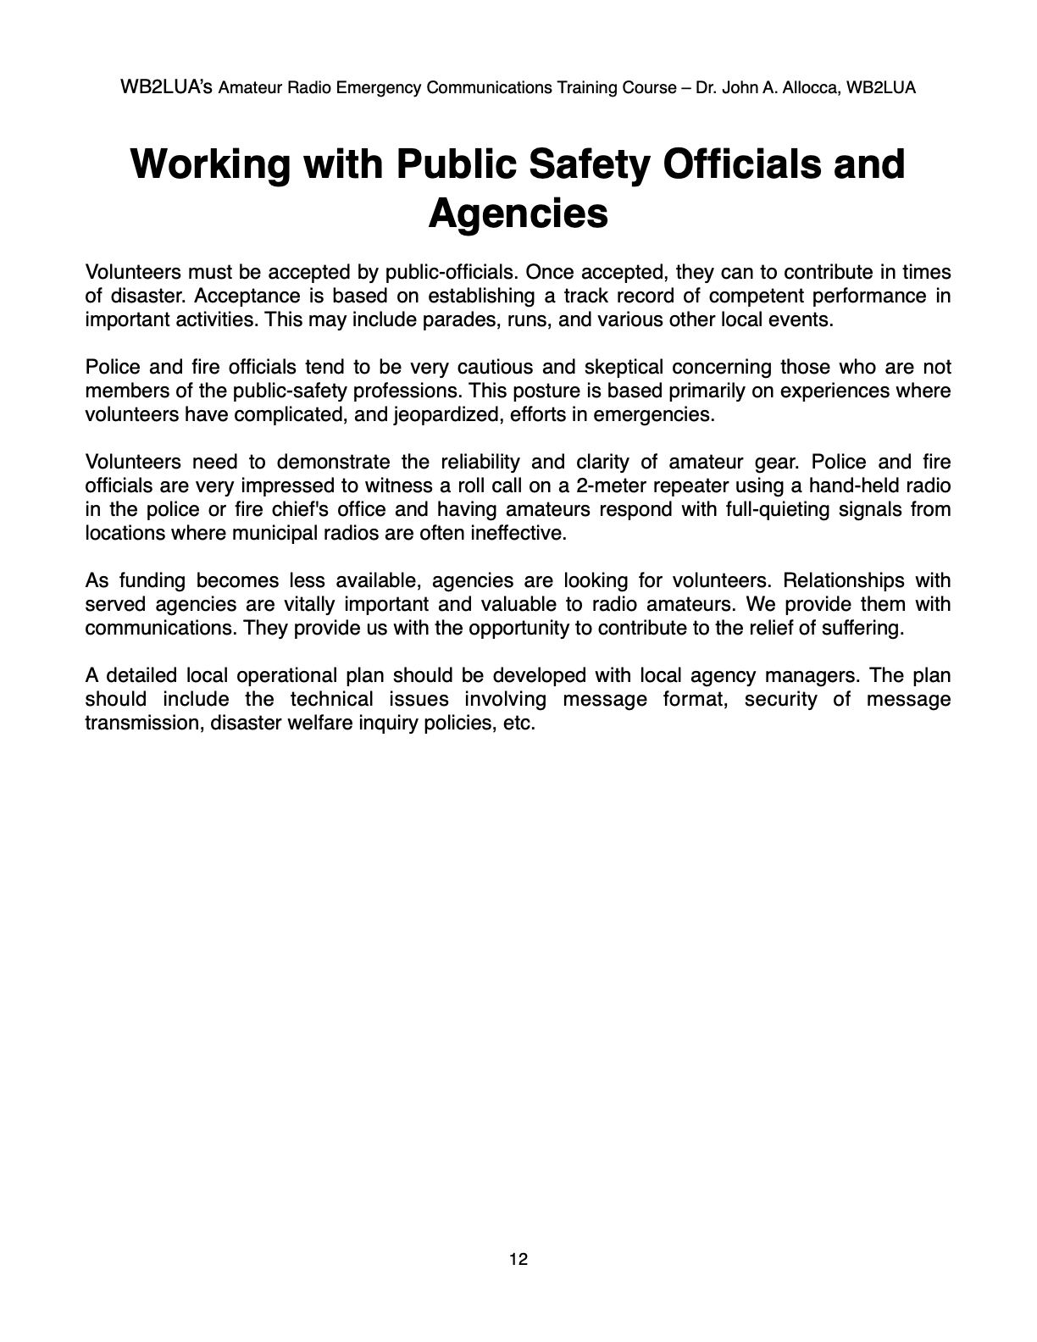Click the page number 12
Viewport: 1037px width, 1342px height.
tap(518, 1260)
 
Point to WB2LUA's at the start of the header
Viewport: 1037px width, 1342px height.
tap(168, 87)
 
